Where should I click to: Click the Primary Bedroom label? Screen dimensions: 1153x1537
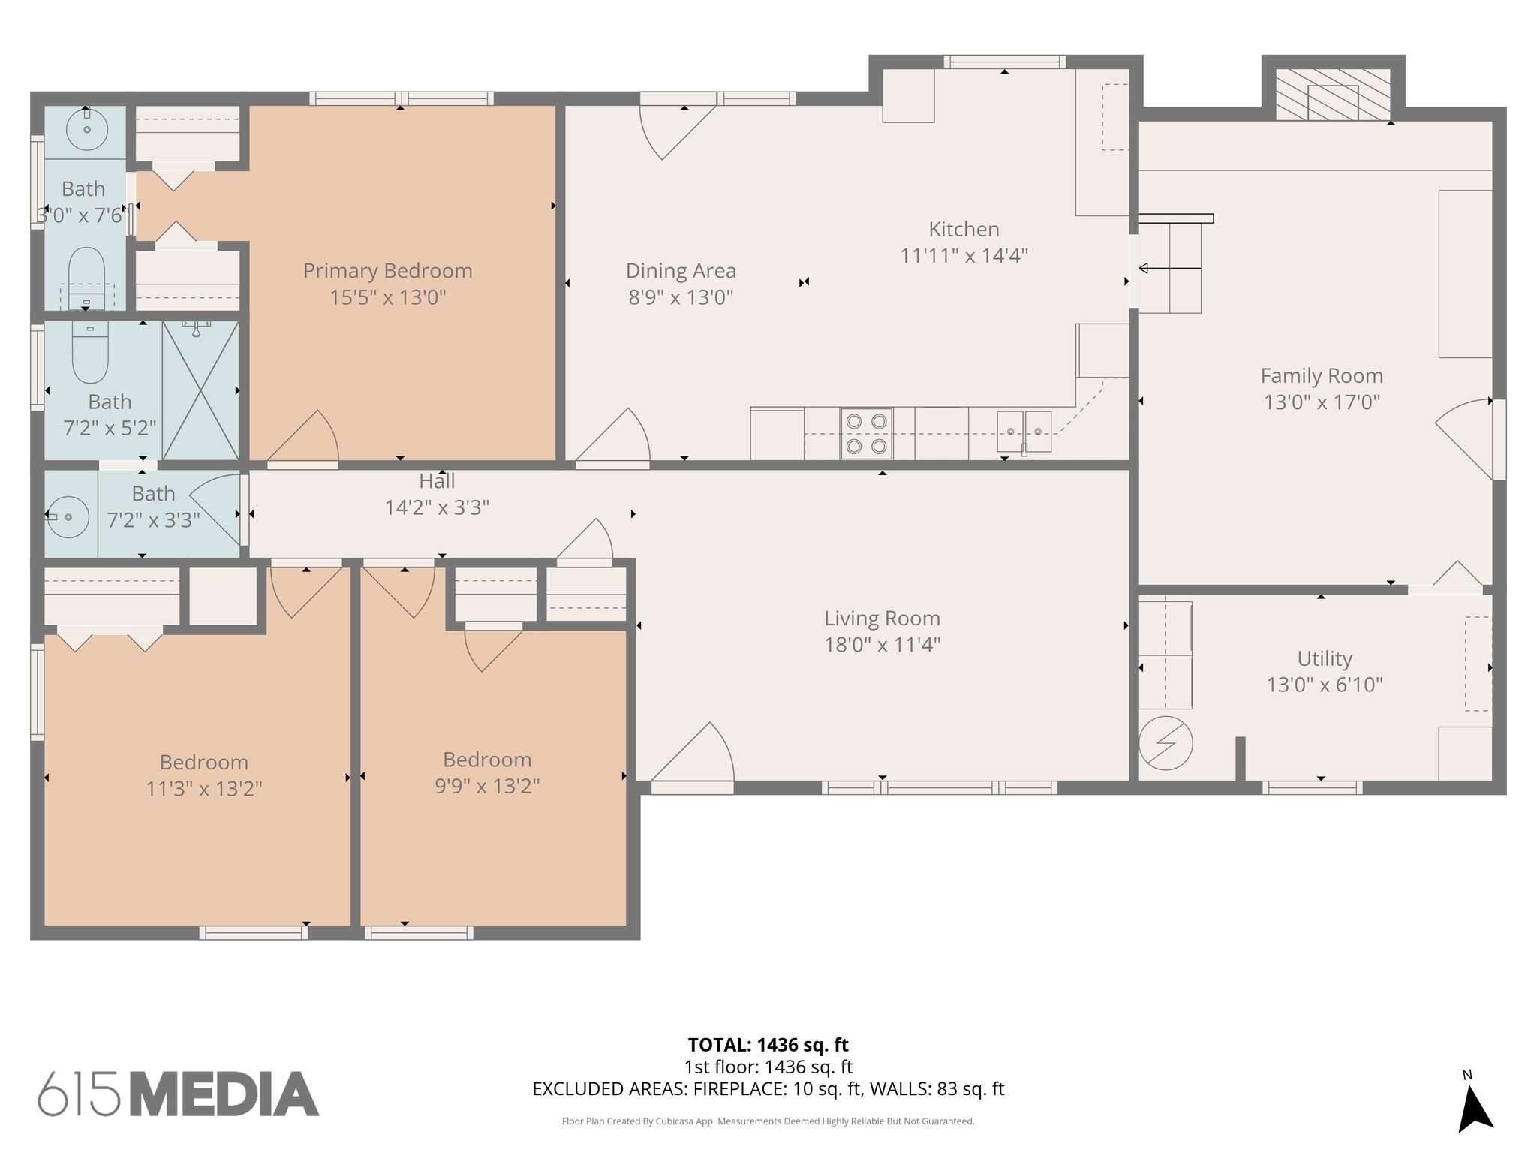coord(387,271)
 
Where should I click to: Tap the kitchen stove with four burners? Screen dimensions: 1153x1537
coord(866,433)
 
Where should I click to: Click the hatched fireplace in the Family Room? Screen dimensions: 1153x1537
coord(1333,95)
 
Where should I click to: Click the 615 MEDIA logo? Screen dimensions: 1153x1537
coord(179,1094)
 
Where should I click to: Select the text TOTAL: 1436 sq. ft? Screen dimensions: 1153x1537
coord(768,1045)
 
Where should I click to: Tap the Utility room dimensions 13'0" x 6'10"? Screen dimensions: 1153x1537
coord(1325,685)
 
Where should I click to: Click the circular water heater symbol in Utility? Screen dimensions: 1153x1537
coord(1165,743)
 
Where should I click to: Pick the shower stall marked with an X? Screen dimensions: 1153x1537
coord(200,390)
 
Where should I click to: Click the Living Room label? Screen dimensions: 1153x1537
coord(882,619)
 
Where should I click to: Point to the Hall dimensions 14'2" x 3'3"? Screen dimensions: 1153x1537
coord(437,508)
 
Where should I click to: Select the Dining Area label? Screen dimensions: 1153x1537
coord(681,271)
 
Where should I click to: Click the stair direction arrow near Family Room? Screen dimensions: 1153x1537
coord(1169,268)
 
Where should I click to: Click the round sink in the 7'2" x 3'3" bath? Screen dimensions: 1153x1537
coord(68,516)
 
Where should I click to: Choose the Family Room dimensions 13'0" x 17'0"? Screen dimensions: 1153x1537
coord(1322,402)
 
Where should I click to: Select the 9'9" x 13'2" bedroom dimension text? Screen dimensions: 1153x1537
coord(487,786)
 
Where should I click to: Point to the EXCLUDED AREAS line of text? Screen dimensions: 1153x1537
coord(768,1089)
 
